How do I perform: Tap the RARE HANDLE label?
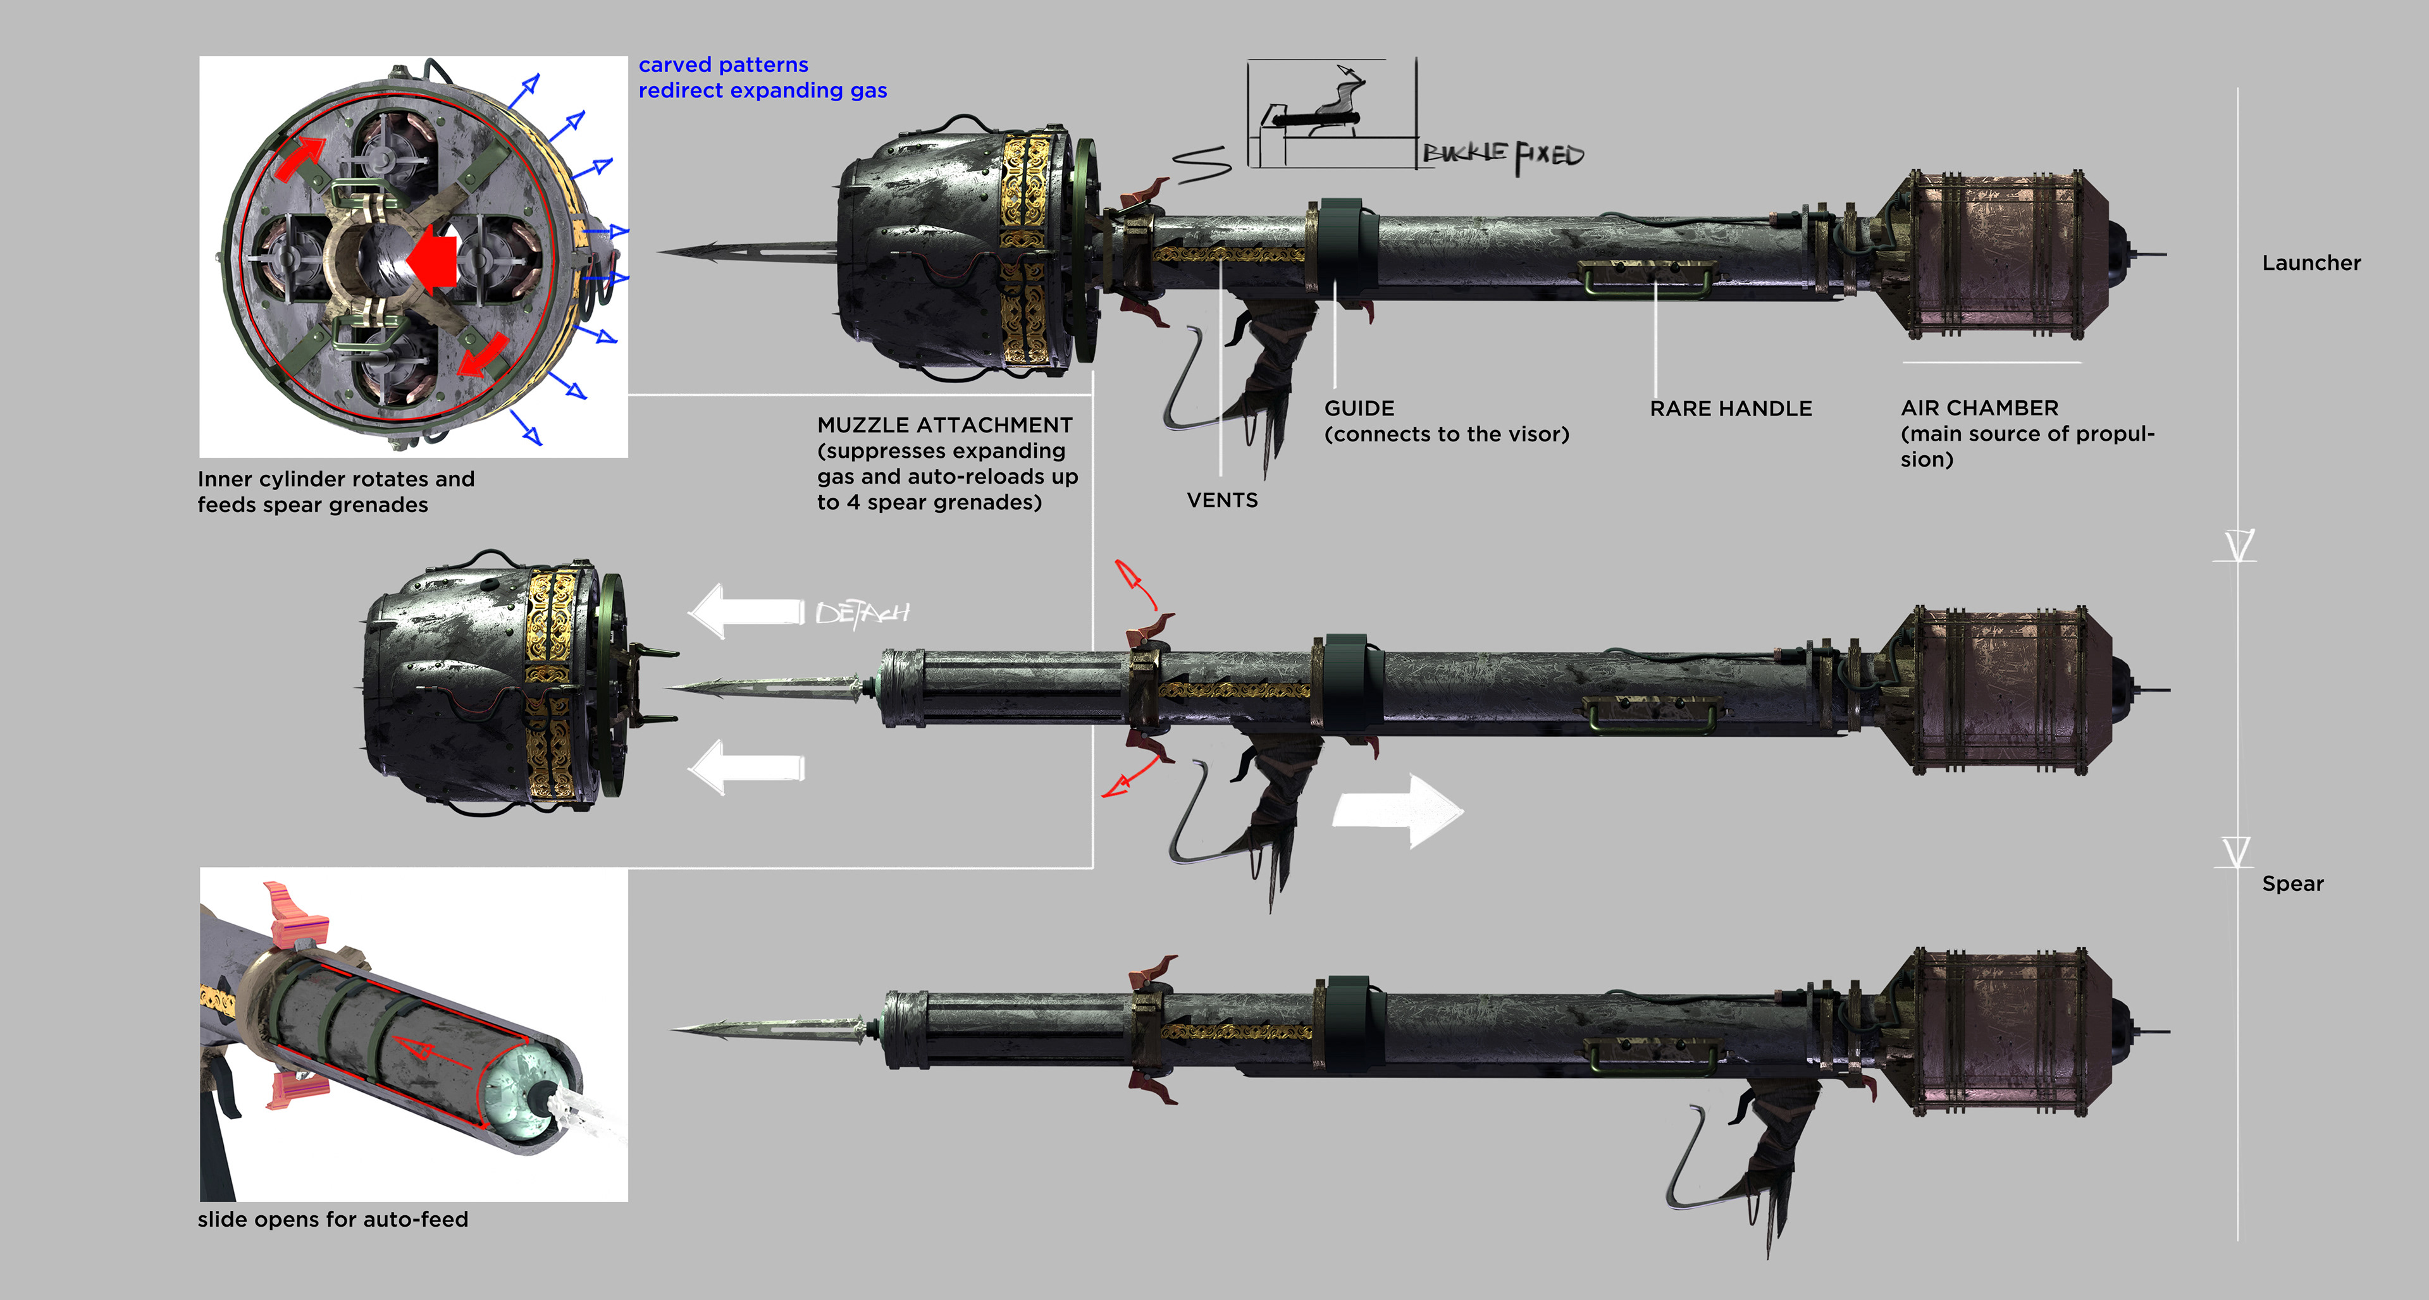[1730, 408]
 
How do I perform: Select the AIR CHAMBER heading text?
[1979, 408]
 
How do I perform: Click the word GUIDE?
[1359, 408]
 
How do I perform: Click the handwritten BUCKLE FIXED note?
[1503, 156]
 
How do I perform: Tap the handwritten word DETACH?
[862, 614]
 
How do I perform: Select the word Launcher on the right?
[2311, 263]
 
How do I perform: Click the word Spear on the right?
[2292, 883]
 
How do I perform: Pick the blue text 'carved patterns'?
[723, 65]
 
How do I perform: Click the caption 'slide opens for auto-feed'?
[333, 1219]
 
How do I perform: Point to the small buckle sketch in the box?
[1320, 113]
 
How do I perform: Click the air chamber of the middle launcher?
[1999, 690]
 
